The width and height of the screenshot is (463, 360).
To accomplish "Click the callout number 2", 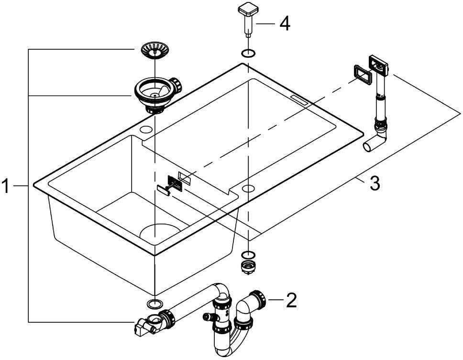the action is [291, 300].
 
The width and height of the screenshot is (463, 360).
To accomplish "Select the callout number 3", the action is [375, 183].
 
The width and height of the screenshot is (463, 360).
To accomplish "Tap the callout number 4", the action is [285, 23].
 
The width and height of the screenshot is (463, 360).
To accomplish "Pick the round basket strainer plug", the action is [154, 50].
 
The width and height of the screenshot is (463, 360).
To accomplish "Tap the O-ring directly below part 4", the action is [248, 54].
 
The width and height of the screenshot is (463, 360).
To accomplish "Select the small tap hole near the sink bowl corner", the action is [145, 129].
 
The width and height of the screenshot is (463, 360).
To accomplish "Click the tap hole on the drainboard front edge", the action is [248, 188].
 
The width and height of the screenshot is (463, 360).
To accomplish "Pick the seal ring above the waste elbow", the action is [154, 303].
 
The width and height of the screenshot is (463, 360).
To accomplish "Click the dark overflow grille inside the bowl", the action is [175, 182].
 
